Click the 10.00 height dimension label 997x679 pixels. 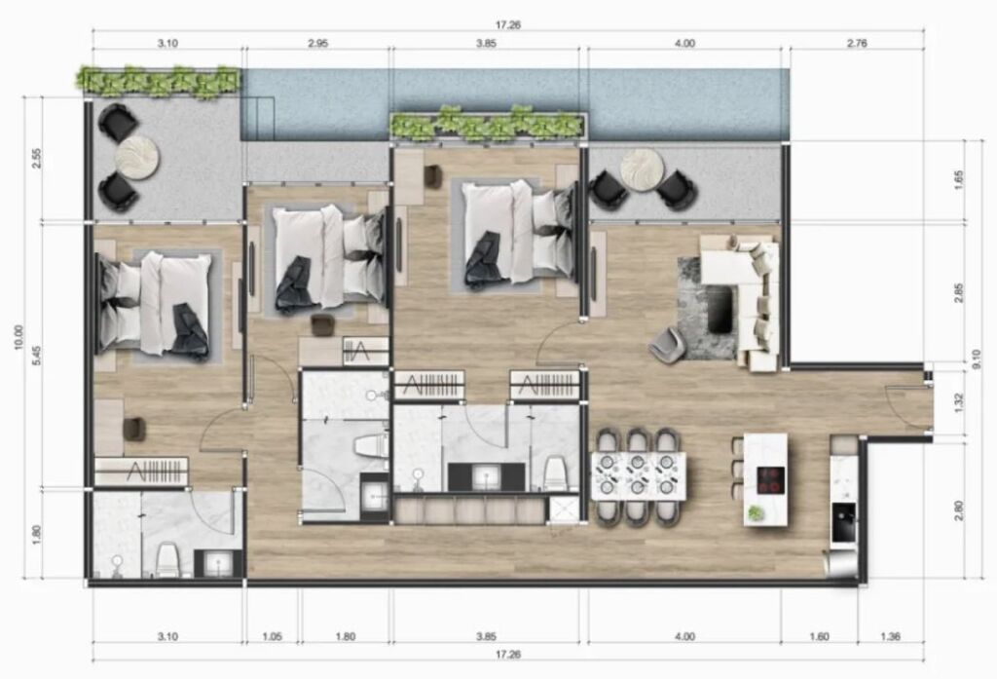18,337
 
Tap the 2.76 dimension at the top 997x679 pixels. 857,44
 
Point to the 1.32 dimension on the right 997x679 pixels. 959,402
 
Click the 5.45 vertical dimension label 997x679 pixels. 36,356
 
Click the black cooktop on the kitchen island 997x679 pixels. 770,480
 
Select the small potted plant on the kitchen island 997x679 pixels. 755,513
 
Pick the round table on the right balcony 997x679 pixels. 643,170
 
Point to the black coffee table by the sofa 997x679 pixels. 721,309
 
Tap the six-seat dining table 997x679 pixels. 639,475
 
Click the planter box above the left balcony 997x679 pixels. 159,82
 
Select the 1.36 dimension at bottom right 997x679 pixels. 890,636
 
